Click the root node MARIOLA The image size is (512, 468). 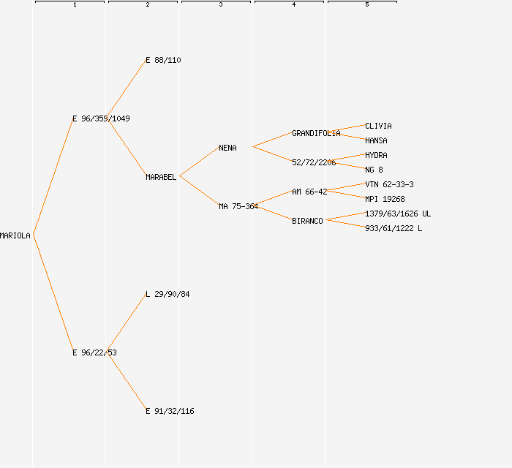(x=15, y=235)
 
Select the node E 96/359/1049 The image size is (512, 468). (x=101, y=118)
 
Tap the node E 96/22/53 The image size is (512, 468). (x=94, y=352)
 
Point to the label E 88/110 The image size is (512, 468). (x=163, y=60)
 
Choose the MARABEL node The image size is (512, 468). (x=161, y=177)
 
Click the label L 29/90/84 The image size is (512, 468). (x=167, y=294)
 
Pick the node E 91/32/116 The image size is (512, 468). (x=170, y=411)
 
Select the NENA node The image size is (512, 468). (x=227, y=148)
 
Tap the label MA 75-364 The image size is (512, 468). (x=238, y=206)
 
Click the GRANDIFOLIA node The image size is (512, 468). (x=316, y=133)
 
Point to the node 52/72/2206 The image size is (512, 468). (x=314, y=162)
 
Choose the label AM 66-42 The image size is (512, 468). (x=309, y=192)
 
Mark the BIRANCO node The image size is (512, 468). (x=307, y=221)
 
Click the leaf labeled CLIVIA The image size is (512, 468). (x=378, y=126)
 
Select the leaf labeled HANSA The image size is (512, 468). (x=376, y=140)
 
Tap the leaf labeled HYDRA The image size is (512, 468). (x=376, y=155)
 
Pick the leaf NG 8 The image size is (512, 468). (x=374, y=170)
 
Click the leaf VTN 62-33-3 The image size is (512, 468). (x=389, y=184)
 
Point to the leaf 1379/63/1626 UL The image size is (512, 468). (x=398, y=214)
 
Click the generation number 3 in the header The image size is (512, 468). (x=221, y=5)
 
